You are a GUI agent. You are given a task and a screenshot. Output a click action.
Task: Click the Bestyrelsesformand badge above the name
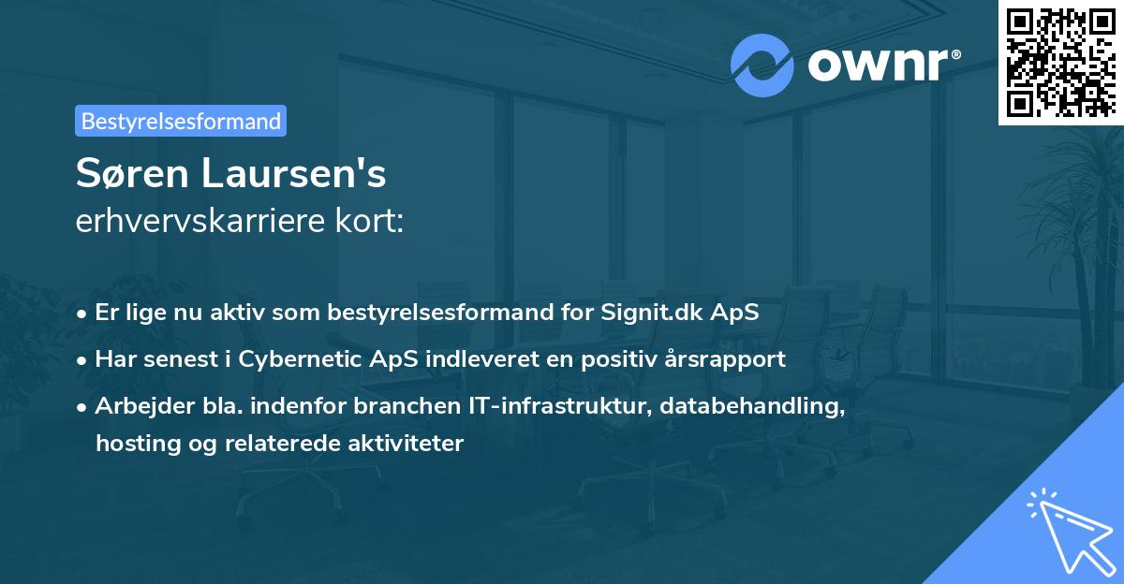[x=180, y=121]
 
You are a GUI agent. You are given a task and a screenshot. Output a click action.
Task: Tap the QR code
[x=1059, y=62]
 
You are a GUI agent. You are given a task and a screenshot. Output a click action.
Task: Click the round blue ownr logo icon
[x=762, y=65]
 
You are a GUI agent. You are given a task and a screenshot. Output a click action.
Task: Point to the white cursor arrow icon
[x=1070, y=531]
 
